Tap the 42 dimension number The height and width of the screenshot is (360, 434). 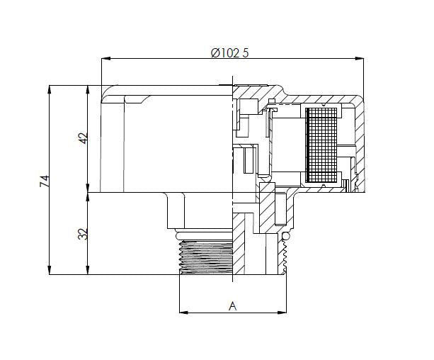point(82,139)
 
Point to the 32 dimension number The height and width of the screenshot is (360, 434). point(82,233)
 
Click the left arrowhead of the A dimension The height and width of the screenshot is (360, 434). point(182,312)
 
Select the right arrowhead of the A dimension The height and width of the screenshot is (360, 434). point(287,312)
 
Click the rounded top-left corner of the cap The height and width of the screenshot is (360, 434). point(108,91)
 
